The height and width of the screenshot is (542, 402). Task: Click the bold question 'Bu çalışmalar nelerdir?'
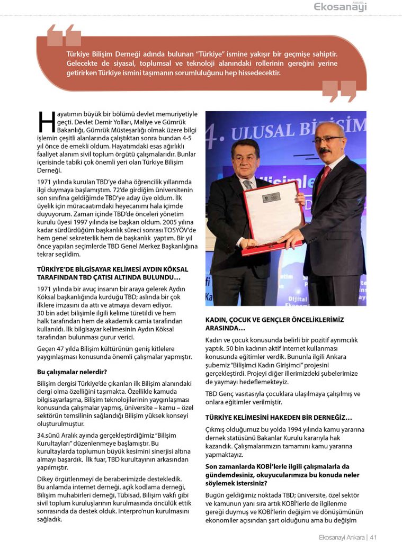click(72, 372)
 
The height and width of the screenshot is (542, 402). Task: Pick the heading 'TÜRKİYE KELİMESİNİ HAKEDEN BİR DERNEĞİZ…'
click(278, 418)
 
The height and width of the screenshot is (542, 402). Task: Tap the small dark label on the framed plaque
click(272, 198)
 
